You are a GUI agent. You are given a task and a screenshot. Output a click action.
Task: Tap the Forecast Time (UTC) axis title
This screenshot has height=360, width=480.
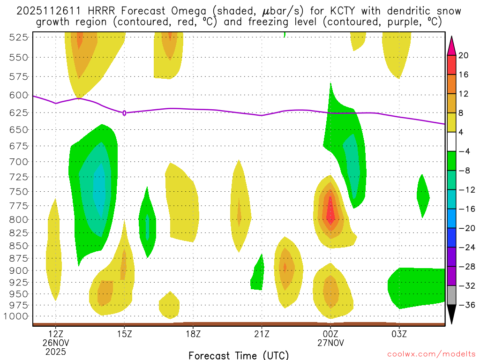pos(239,355)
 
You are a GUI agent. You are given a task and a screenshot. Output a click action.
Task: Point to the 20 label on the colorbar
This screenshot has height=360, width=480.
pos(464,55)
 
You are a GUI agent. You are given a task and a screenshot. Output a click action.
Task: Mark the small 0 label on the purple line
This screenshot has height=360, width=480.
pos(124,113)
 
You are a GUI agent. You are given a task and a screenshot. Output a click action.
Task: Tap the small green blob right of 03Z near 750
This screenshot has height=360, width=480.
pos(423,195)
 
